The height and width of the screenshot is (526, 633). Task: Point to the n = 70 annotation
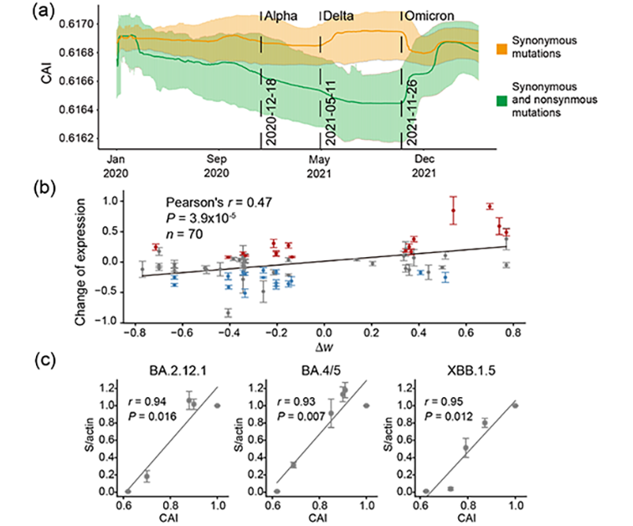click(185, 234)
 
